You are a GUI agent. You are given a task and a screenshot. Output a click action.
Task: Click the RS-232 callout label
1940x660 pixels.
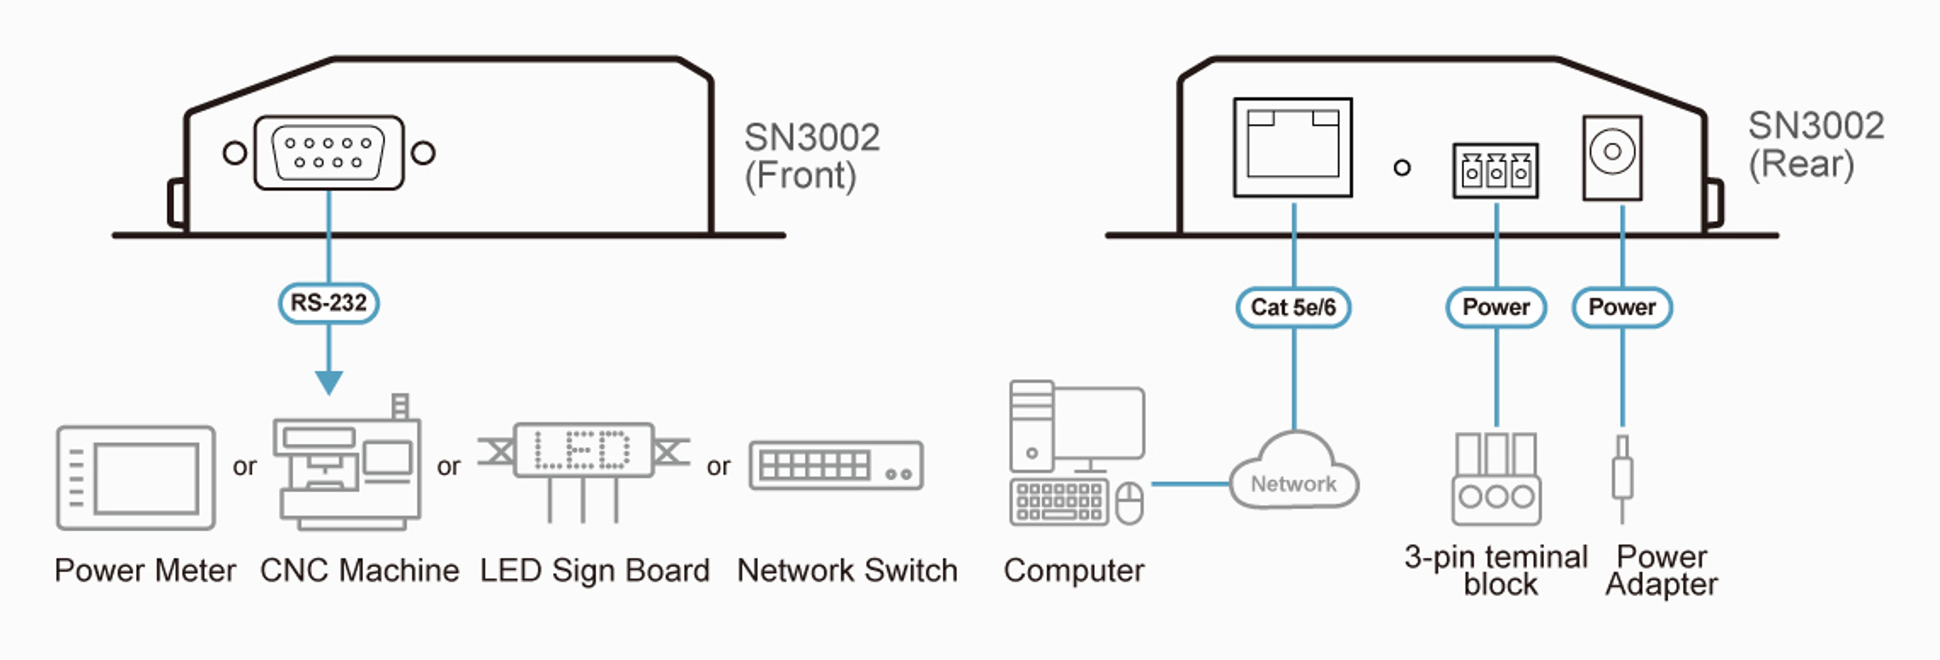click(x=328, y=303)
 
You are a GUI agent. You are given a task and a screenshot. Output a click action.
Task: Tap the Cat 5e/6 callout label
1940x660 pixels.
click(x=1293, y=307)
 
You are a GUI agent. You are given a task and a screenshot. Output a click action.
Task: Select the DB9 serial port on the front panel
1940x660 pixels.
click(x=328, y=153)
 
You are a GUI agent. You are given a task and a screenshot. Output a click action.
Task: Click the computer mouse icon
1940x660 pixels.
click(x=1129, y=503)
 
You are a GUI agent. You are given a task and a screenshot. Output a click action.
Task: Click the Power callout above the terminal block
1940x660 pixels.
click(x=1495, y=307)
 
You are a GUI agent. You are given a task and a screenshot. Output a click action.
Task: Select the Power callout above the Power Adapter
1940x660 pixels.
click(x=1622, y=307)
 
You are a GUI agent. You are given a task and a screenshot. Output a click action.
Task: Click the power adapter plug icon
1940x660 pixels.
click(x=1622, y=478)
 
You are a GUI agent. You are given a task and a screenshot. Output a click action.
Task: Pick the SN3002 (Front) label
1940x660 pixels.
click(x=811, y=156)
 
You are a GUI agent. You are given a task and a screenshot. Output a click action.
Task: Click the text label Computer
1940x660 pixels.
click(x=1073, y=571)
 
